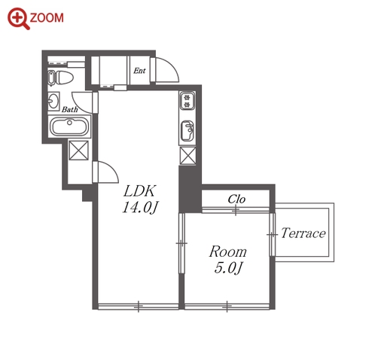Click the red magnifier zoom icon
tap(18, 18)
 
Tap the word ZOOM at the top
tap(47, 18)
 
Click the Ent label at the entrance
tap(139, 71)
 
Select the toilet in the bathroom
tap(63, 78)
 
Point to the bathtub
tap(70, 127)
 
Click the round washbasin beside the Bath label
tap(53, 101)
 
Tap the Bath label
tap(70, 109)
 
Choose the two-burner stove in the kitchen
tap(187, 101)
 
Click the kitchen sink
tap(187, 131)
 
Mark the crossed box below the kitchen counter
tap(187, 156)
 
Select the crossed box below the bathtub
tap(79, 151)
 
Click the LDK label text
tap(140, 191)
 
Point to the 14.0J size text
tap(140, 208)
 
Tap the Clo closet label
tap(236, 200)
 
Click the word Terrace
tap(303, 233)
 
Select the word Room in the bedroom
tap(227, 252)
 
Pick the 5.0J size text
tap(228, 267)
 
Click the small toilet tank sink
tap(51, 78)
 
